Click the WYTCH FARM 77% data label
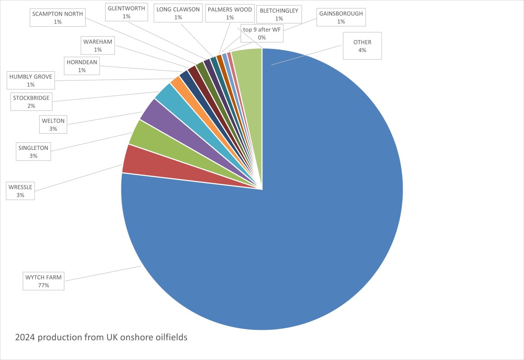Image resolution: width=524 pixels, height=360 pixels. (44, 281)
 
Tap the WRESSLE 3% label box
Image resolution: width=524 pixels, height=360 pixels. (20, 191)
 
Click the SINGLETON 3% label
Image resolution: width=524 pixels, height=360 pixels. (33, 152)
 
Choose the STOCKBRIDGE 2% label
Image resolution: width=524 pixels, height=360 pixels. (31, 102)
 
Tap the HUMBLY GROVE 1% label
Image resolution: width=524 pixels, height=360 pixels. (31, 81)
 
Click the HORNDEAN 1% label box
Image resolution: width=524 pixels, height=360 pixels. (82, 66)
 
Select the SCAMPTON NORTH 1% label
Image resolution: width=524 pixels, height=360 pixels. (58, 18)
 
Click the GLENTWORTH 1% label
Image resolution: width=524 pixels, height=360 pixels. (126, 12)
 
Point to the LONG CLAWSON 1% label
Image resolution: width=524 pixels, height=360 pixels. (178, 14)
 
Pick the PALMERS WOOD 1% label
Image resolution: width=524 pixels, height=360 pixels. (230, 14)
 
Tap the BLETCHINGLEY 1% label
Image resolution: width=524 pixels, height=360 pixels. (279, 14)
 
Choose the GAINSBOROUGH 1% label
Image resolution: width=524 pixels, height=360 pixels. (341, 17)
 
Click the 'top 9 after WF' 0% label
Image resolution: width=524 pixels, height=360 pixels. (262, 34)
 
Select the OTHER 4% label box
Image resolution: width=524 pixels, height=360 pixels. (362, 46)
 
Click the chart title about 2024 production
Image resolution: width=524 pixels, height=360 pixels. (101, 338)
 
